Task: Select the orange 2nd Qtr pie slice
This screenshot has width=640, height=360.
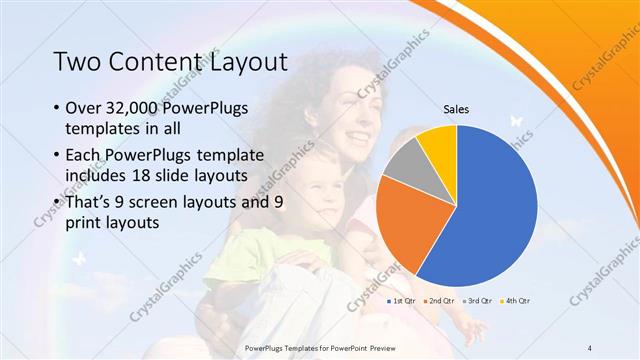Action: click(405, 225)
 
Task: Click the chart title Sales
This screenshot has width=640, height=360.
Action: click(456, 110)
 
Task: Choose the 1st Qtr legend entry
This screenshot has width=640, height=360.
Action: click(400, 300)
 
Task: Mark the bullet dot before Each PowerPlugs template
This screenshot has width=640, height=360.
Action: click(53, 155)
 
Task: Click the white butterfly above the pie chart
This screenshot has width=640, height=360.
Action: click(516, 120)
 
